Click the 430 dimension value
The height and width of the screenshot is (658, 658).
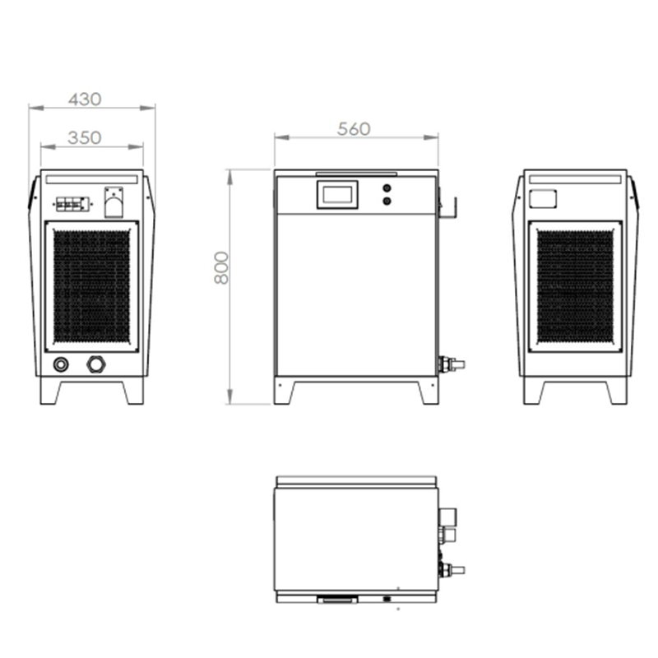click(85, 100)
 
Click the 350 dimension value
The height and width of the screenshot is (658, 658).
click(85, 137)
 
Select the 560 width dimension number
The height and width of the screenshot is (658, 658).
click(354, 129)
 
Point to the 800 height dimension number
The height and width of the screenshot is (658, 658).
click(221, 268)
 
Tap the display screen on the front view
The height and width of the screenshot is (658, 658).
click(337, 194)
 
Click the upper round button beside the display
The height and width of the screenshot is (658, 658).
click(387, 188)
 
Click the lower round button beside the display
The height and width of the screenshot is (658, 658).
click(387, 201)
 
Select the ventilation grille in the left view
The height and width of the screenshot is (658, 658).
click(92, 286)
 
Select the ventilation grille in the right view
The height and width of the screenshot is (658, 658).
click(575, 286)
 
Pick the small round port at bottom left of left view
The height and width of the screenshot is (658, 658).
click(61, 364)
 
